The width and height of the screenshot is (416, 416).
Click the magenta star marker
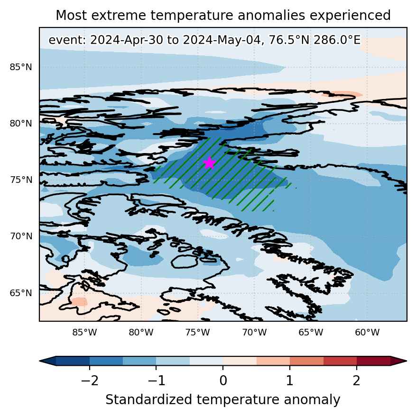click(x=210, y=163)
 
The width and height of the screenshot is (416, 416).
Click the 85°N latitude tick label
click(x=21, y=67)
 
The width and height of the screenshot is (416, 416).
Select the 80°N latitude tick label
click(x=21, y=123)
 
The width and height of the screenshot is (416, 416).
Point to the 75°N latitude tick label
click(x=21, y=180)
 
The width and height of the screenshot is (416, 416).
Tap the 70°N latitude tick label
click(x=21, y=236)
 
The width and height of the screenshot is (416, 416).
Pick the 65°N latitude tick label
click(x=21, y=293)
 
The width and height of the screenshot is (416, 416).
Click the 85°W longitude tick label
click(x=85, y=332)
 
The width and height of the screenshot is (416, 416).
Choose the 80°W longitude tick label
click(x=141, y=332)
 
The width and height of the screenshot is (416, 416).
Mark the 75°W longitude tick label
click(x=198, y=332)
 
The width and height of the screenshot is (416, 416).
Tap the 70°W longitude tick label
click(x=254, y=332)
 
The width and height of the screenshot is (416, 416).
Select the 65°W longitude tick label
click(x=311, y=332)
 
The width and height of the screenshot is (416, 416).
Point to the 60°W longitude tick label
click(x=368, y=332)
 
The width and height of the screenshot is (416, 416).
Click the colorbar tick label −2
click(x=90, y=381)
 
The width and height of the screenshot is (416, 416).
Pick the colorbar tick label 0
click(x=223, y=381)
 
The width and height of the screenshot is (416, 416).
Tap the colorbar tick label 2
click(x=357, y=381)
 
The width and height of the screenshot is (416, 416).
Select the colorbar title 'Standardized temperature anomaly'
click(x=223, y=400)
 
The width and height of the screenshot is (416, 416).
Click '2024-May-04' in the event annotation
click(x=223, y=40)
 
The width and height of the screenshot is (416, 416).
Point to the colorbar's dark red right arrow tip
click(x=407, y=361)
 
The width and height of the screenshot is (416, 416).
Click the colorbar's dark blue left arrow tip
click(x=39, y=361)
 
